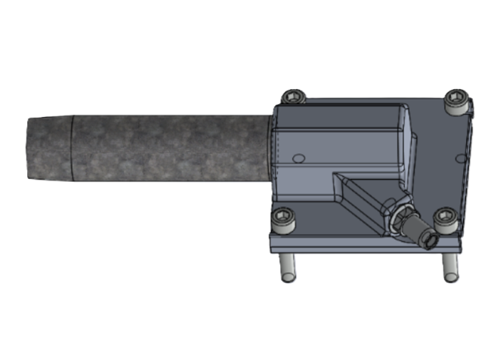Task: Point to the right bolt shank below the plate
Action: tap(450, 266)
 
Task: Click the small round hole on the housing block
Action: tap(298, 158)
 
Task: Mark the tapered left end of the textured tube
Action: tap(45, 149)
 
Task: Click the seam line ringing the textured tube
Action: tap(70, 149)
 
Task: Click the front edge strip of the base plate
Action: tap(363, 244)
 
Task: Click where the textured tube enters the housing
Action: tap(270, 148)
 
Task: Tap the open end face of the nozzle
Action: tap(428, 241)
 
